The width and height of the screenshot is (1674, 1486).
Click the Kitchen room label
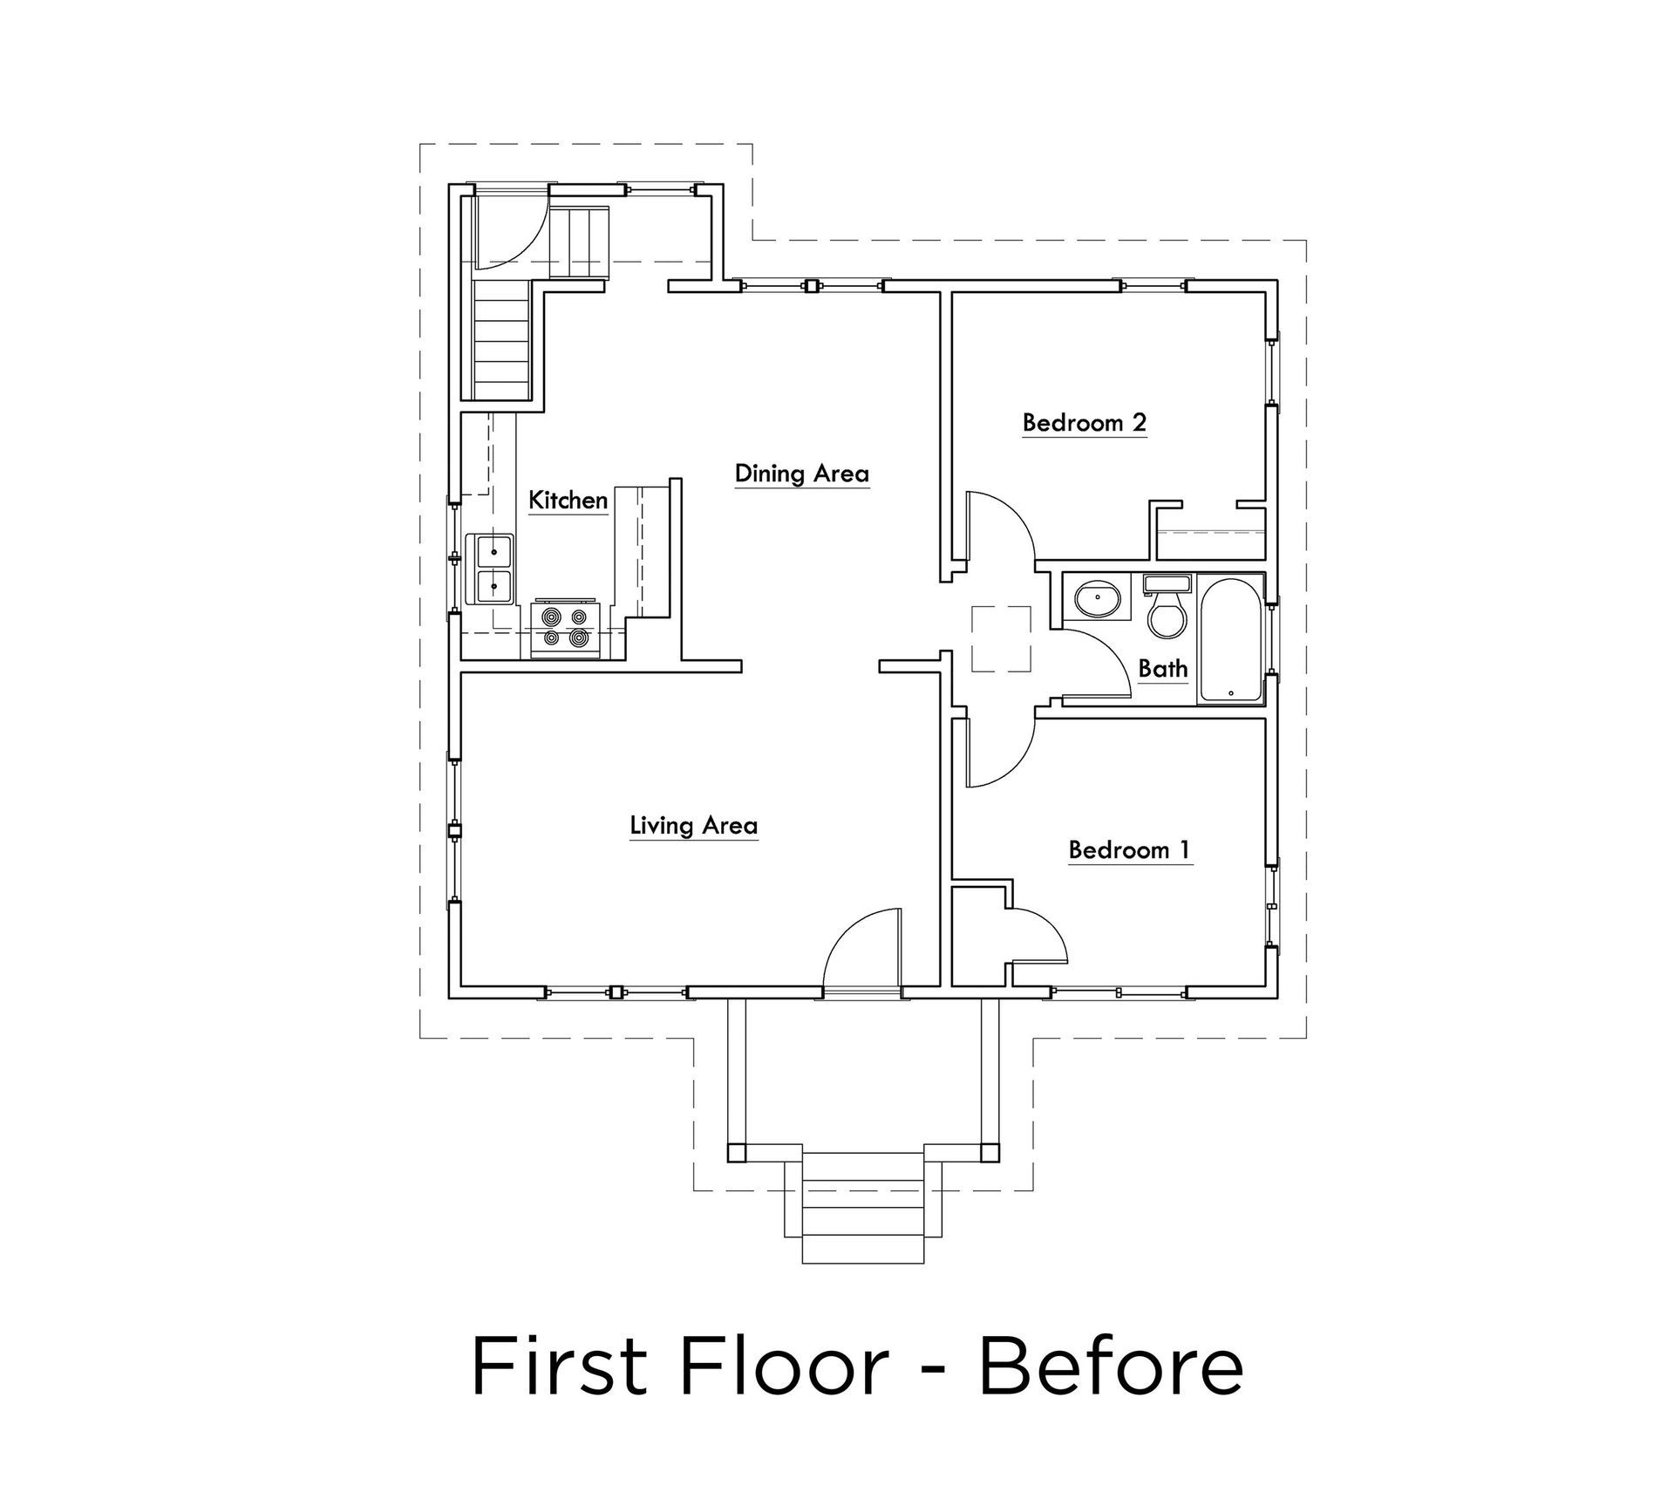click(568, 501)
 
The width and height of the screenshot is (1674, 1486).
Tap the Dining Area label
click(801, 474)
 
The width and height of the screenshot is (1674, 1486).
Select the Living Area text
click(693, 825)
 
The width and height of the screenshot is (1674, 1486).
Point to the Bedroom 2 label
click(1084, 423)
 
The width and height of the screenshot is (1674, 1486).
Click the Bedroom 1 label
click(1129, 849)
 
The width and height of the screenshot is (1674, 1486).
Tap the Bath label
click(1163, 669)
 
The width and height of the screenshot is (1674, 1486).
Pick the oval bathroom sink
click(1098, 599)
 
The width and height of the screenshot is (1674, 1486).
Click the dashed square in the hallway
click(1001, 638)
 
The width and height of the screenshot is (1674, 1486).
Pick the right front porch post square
click(990, 1152)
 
